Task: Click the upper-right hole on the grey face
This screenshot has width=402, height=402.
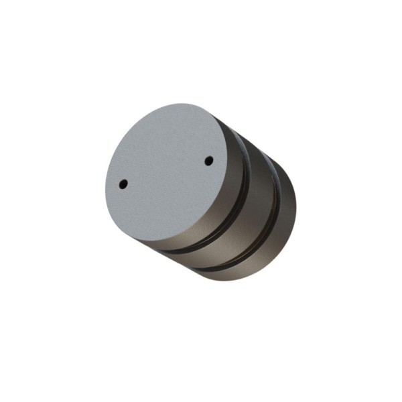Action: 208,161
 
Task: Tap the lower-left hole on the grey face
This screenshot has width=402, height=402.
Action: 123,183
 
